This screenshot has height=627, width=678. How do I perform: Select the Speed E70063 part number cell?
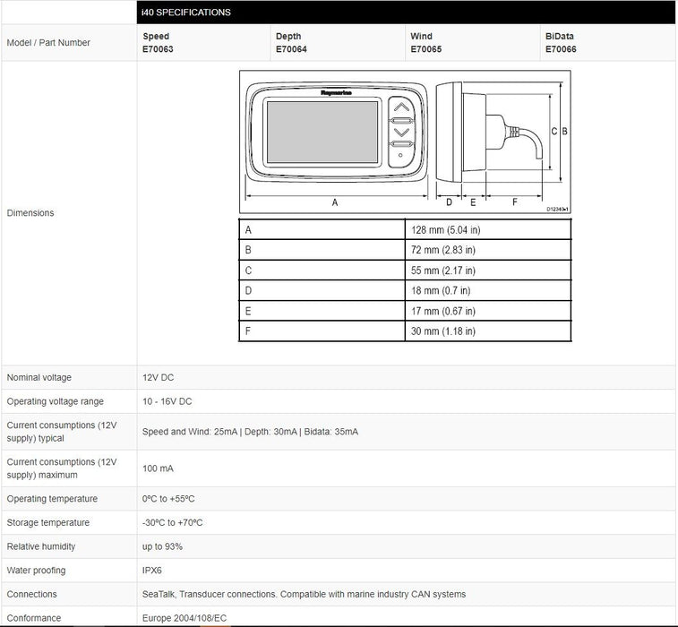pyautogui.click(x=159, y=43)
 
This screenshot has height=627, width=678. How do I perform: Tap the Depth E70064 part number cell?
pyautogui.click(x=291, y=43)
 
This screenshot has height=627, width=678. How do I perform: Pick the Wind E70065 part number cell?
pyautogui.click(x=425, y=43)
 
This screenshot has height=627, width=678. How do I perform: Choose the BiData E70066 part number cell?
pyautogui.click(x=561, y=43)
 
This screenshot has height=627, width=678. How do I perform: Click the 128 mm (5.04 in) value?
pyautogui.click(x=446, y=230)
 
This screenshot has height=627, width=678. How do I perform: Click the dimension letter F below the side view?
pyautogui.click(x=515, y=202)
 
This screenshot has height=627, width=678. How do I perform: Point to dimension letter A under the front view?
pyautogui.click(x=335, y=202)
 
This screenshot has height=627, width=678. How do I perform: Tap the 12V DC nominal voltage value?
pyautogui.click(x=158, y=378)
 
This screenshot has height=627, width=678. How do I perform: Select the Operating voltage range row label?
pyautogui.click(x=55, y=402)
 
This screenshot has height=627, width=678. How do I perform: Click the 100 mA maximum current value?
pyautogui.click(x=158, y=468)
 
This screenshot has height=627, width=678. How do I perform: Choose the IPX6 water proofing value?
pyautogui.click(x=153, y=571)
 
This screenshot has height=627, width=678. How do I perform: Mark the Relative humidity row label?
pyautogui.click(x=41, y=546)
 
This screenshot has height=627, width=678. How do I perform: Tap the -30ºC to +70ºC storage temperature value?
pyautogui.click(x=172, y=523)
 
